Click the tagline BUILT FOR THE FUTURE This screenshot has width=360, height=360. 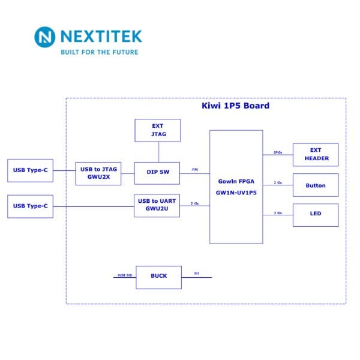[x=99, y=52]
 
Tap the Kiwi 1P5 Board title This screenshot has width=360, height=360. [x=235, y=106]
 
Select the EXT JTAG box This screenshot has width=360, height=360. [x=157, y=130]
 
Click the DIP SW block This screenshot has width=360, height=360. [x=157, y=172]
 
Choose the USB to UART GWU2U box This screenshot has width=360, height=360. [x=157, y=205]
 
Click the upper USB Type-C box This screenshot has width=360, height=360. [x=30, y=170]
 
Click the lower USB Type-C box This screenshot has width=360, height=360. [x=30, y=206]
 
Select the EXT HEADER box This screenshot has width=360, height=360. [x=316, y=154]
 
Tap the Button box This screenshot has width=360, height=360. [x=316, y=185]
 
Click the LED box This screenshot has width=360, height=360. [x=316, y=214]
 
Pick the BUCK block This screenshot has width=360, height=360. [x=158, y=276]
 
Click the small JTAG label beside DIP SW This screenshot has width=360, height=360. [x=194, y=170]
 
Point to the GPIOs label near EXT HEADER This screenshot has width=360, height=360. [x=278, y=152]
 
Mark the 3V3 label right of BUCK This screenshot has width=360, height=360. [x=196, y=274]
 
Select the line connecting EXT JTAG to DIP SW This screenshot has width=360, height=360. [x=157, y=152]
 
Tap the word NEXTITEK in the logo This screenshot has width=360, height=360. [x=101, y=37]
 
